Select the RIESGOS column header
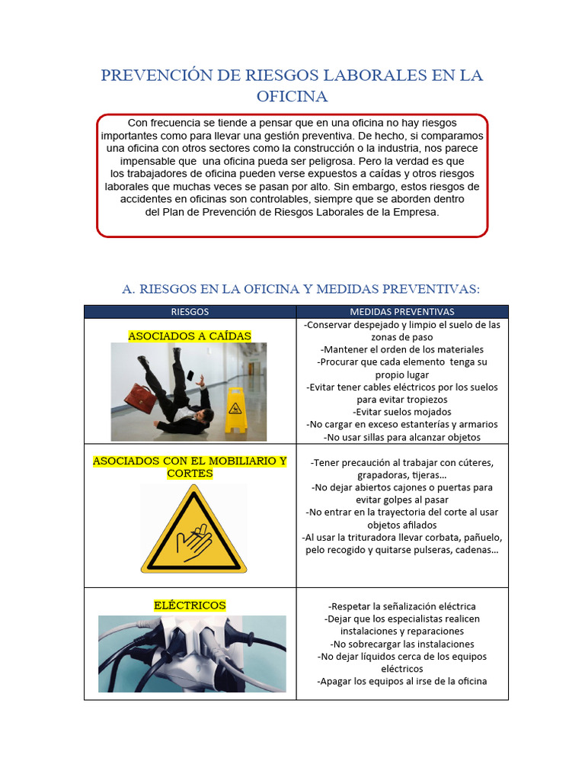(x=190, y=312)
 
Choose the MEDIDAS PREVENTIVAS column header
(x=401, y=312)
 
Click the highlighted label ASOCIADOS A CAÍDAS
(x=190, y=336)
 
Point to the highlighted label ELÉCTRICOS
(x=190, y=605)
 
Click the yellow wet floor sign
(x=236, y=410)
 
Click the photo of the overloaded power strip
(x=192, y=654)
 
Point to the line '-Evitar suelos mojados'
(x=401, y=412)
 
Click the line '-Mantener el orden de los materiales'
(x=401, y=349)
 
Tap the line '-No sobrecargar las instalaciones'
(x=401, y=644)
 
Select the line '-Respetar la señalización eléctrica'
(x=401, y=606)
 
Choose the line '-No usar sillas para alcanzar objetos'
(x=401, y=437)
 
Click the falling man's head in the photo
(x=207, y=416)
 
